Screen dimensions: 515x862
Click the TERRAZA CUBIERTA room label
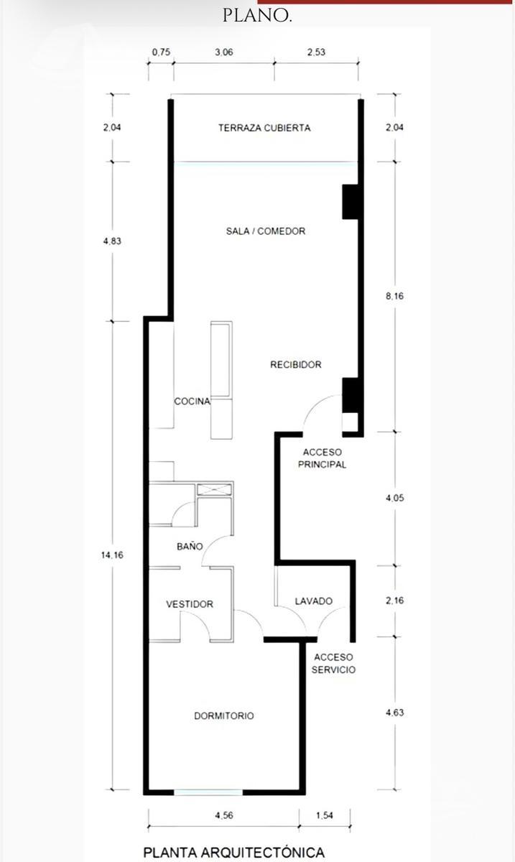pyautogui.click(x=264, y=128)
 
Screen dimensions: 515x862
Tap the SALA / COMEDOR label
pyautogui.click(x=266, y=231)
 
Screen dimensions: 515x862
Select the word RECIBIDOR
pyautogui.click(x=296, y=364)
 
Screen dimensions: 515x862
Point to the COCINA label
pyautogui.click(x=192, y=402)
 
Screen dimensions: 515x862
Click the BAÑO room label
pyautogui.click(x=190, y=546)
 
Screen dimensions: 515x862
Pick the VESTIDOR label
pyautogui.click(x=190, y=604)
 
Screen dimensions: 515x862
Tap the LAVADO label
pyautogui.click(x=314, y=601)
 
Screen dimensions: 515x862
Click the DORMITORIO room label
pyautogui.click(x=224, y=715)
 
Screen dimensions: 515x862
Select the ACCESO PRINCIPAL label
pyautogui.click(x=323, y=458)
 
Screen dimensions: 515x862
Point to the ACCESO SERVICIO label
pyautogui.click(x=333, y=664)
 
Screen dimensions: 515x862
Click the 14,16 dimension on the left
pyautogui.click(x=112, y=555)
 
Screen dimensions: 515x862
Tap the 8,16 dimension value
pyautogui.click(x=395, y=296)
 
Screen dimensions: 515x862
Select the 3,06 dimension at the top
pyautogui.click(x=224, y=52)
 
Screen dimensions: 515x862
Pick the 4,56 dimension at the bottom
pyautogui.click(x=224, y=815)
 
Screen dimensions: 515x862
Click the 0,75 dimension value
pyautogui.click(x=162, y=52)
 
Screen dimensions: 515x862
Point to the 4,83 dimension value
pyautogui.click(x=112, y=241)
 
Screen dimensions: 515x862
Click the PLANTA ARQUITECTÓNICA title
pyautogui.click(x=234, y=853)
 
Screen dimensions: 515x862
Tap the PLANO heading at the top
pyautogui.click(x=257, y=16)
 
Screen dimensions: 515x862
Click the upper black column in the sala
pyautogui.click(x=352, y=202)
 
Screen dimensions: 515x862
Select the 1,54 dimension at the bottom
pyautogui.click(x=325, y=815)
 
